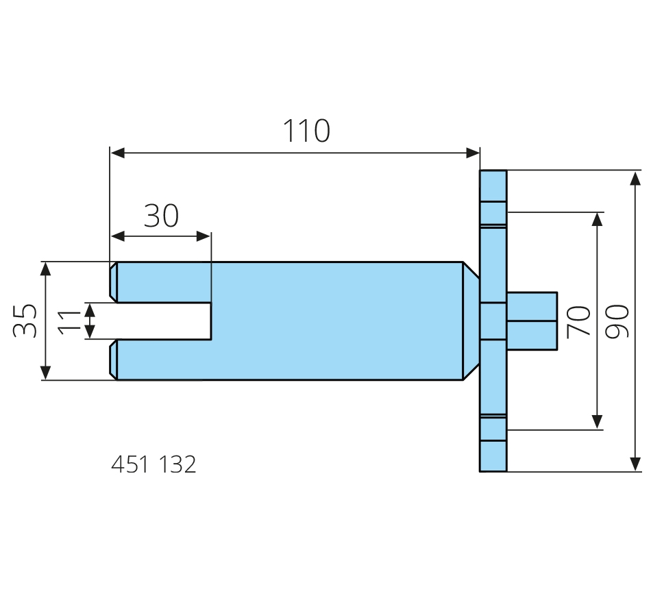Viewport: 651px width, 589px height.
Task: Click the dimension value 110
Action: (x=306, y=131)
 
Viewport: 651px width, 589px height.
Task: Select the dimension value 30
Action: (x=161, y=216)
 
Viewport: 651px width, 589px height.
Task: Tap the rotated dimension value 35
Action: (x=25, y=321)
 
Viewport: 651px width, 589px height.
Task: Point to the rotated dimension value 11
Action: (x=69, y=321)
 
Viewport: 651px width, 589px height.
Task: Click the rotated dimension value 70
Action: (x=579, y=321)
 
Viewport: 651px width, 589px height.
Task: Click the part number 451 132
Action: (x=153, y=465)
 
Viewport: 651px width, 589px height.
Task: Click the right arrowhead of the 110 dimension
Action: (x=473, y=153)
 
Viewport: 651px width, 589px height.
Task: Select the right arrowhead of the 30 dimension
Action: (x=204, y=236)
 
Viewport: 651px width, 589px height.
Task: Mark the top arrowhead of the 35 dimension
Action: (x=46, y=268)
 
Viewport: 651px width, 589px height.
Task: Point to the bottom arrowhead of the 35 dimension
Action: (x=46, y=373)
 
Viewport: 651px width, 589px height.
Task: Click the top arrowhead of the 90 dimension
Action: (x=635, y=178)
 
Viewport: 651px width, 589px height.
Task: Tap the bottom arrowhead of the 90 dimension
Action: (x=635, y=464)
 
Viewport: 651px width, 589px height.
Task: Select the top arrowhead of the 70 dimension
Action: (x=598, y=219)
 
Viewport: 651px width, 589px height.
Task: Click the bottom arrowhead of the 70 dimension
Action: (x=598, y=422)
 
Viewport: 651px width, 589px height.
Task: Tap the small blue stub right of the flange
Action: (x=532, y=321)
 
